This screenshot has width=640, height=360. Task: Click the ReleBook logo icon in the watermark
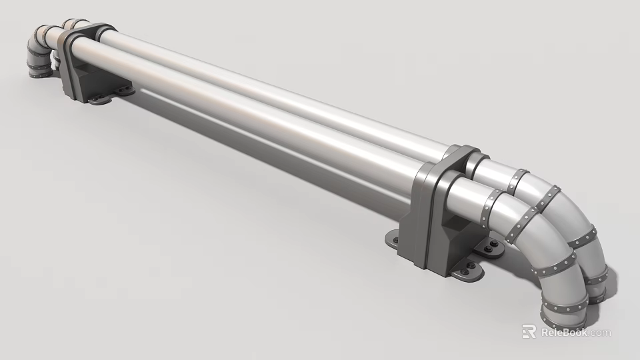529,331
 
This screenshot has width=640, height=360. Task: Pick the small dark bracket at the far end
83,63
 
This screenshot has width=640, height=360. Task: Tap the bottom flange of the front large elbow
564,308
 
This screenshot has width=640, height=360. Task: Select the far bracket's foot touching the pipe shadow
124,88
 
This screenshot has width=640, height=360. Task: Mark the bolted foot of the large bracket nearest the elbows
493,250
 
